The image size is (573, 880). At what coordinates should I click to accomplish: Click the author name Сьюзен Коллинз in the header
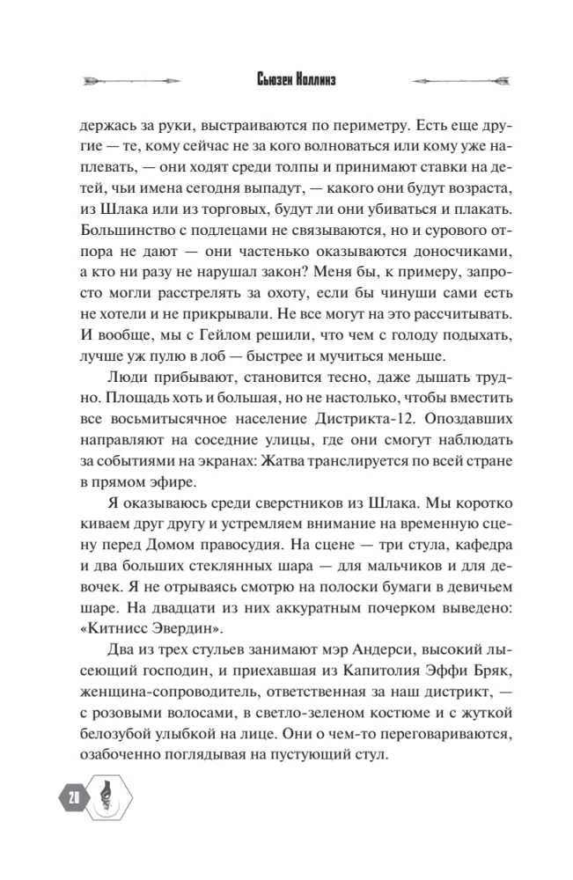pyautogui.click(x=286, y=82)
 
